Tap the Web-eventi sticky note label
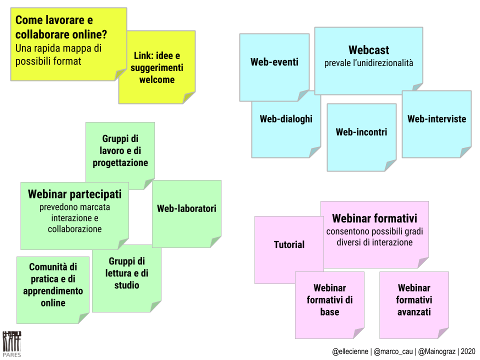[x=274, y=62]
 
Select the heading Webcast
[x=368, y=50]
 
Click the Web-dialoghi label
[x=286, y=119]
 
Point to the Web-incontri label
[x=361, y=132]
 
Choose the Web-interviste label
[x=436, y=119]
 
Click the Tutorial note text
[x=289, y=244]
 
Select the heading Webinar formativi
[x=374, y=218]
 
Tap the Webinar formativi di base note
[x=329, y=300]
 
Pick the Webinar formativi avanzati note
[x=414, y=300]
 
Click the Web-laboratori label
[x=186, y=208]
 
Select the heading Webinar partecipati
[x=74, y=194]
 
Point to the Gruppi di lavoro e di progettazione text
[x=120, y=150]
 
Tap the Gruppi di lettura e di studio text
[x=126, y=273]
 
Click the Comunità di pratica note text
[x=52, y=284]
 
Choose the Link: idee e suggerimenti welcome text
[x=156, y=67]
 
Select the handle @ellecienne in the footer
[x=350, y=351]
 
